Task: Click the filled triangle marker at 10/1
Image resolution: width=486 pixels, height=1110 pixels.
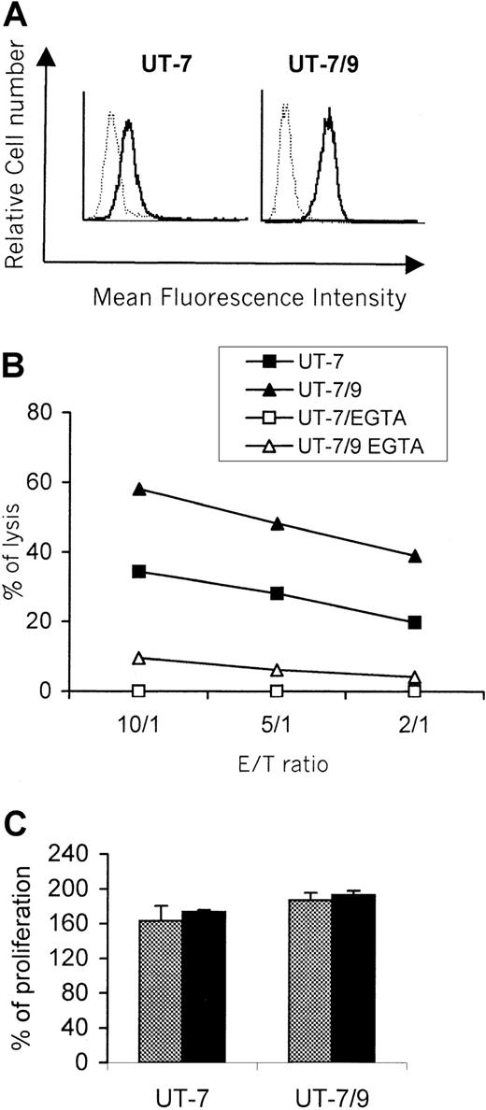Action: tap(139, 489)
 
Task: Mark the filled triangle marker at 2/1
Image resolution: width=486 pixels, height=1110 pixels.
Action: tap(414, 556)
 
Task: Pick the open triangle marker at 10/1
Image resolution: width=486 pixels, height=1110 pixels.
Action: tap(139, 658)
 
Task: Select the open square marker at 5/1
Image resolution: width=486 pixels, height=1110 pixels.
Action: tap(277, 690)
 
